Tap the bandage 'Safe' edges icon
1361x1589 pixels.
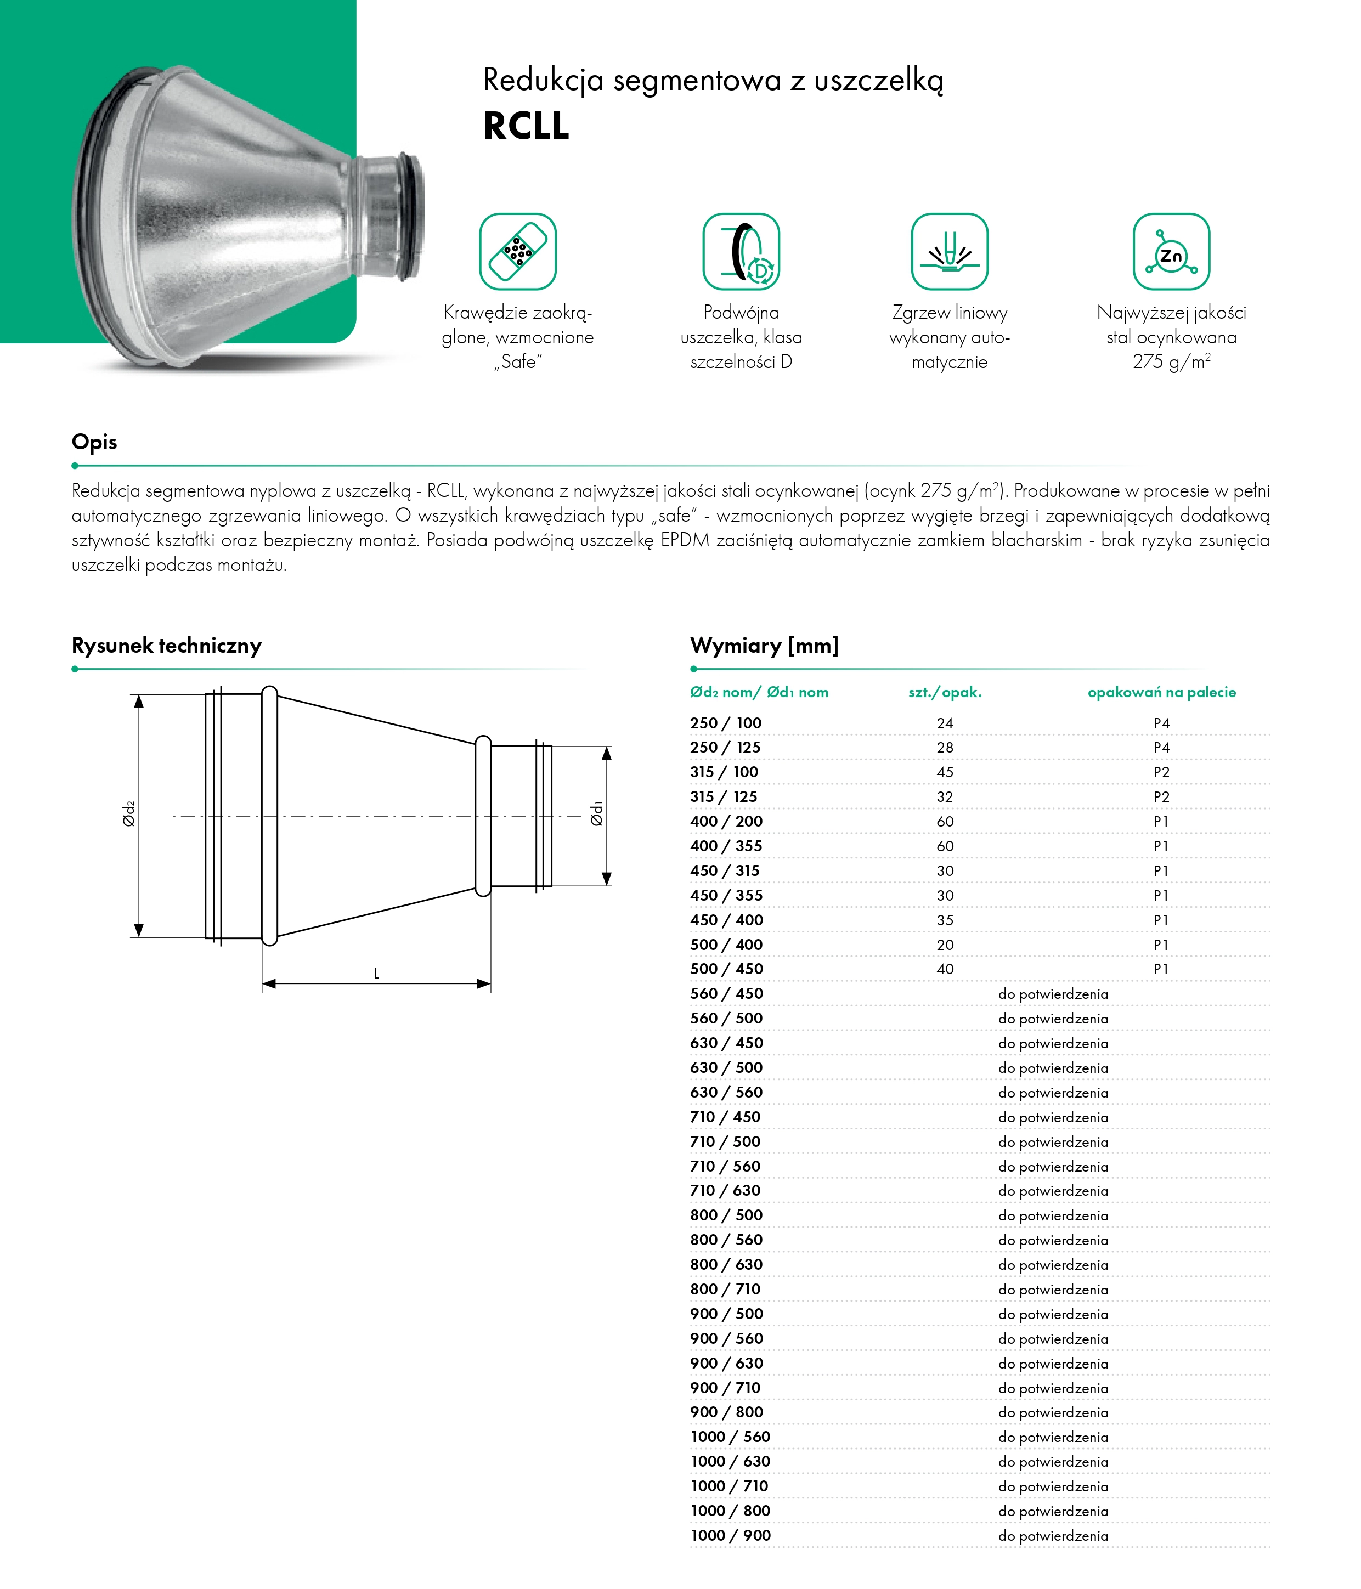pyautogui.click(x=518, y=252)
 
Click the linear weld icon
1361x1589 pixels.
pyautogui.click(x=949, y=252)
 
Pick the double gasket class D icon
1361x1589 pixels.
pyautogui.click(x=741, y=252)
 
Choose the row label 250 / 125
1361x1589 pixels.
pyautogui.click(x=725, y=747)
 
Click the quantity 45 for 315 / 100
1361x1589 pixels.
pyautogui.click(x=945, y=772)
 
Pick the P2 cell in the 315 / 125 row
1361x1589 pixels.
pyautogui.click(x=1161, y=797)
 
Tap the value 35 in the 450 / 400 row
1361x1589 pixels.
pyautogui.click(x=945, y=920)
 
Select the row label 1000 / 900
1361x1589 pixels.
pyautogui.click(x=730, y=1535)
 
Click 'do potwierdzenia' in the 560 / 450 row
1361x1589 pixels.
pyautogui.click(x=1053, y=994)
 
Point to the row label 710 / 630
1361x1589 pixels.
pyautogui.click(x=725, y=1190)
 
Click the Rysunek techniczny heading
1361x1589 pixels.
pyautogui.click(x=166, y=645)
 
